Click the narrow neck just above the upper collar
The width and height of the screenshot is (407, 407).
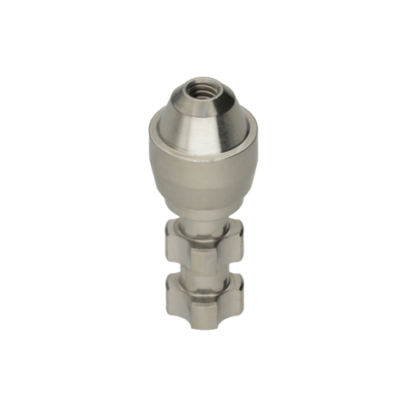[x=203, y=222]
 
